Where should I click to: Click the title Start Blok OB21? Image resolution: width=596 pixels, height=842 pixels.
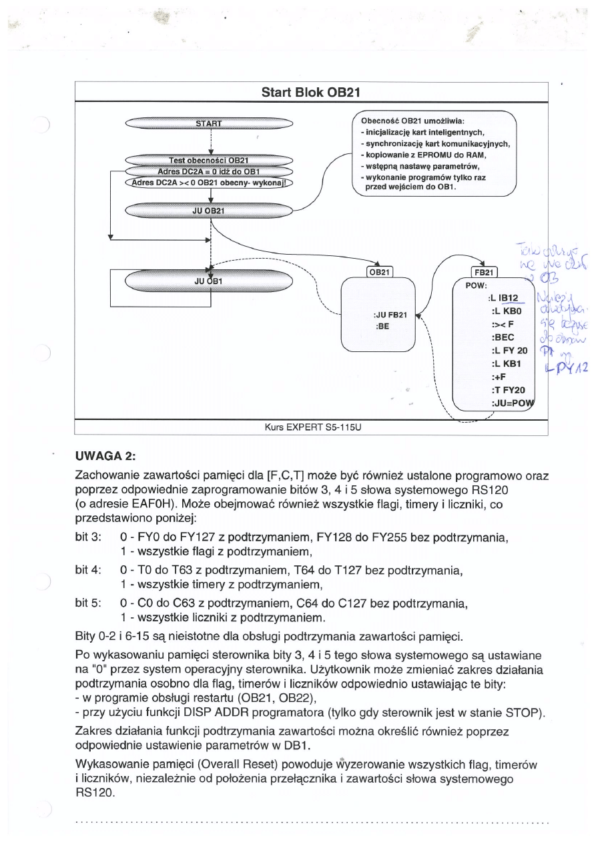point(311,91)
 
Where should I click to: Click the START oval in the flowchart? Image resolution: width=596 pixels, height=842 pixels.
point(209,123)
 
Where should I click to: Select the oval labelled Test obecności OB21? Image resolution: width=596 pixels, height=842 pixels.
point(209,160)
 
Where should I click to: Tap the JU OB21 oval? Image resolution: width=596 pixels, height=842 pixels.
point(209,211)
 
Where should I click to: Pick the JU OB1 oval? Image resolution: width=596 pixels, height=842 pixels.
point(209,281)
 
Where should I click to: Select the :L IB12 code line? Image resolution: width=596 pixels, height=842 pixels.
point(507,297)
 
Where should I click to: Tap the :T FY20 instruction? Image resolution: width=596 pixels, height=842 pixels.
point(509,390)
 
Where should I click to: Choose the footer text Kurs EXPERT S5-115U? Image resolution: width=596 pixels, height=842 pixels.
point(311,427)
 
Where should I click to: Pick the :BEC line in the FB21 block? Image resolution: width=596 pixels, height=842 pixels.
point(502,337)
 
